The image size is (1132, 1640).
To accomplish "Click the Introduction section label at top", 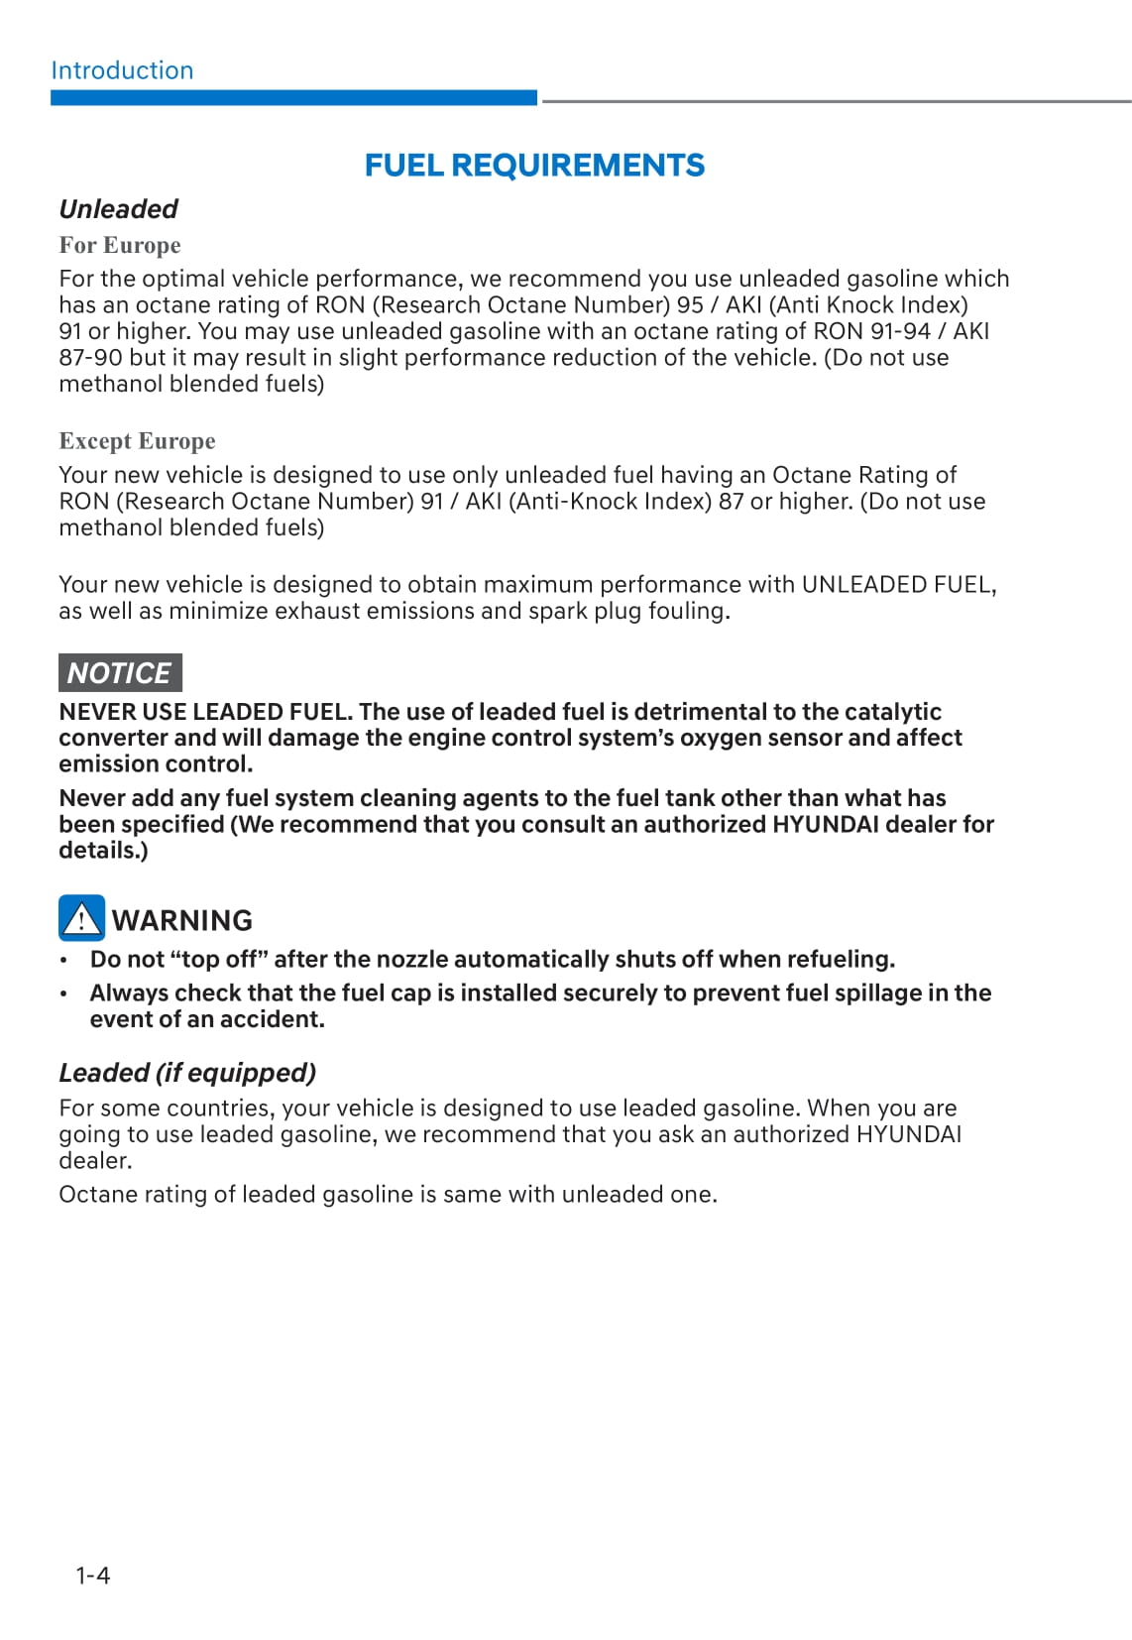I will (122, 70).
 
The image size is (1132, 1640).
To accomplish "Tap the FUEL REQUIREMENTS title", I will (534, 165).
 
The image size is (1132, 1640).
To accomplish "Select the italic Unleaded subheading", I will (118, 209).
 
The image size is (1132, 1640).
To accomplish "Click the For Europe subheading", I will (120, 245).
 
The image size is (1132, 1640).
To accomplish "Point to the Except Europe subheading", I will (137, 441).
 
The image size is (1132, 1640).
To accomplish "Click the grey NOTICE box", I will (120, 672).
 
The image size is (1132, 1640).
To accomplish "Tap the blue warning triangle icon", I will (81, 918).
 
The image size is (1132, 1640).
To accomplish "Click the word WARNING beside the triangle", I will (182, 920).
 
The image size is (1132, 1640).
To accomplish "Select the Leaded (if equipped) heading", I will (187, 1073).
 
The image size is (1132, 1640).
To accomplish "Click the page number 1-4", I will (93, 1575).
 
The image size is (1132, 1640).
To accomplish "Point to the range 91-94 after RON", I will (900, 331).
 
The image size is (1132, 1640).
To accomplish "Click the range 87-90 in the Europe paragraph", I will (91, 358).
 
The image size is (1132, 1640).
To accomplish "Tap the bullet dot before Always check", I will (64, 994).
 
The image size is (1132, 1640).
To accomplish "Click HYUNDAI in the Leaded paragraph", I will (908, 1134).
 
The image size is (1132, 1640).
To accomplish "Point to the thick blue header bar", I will (293, 98).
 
